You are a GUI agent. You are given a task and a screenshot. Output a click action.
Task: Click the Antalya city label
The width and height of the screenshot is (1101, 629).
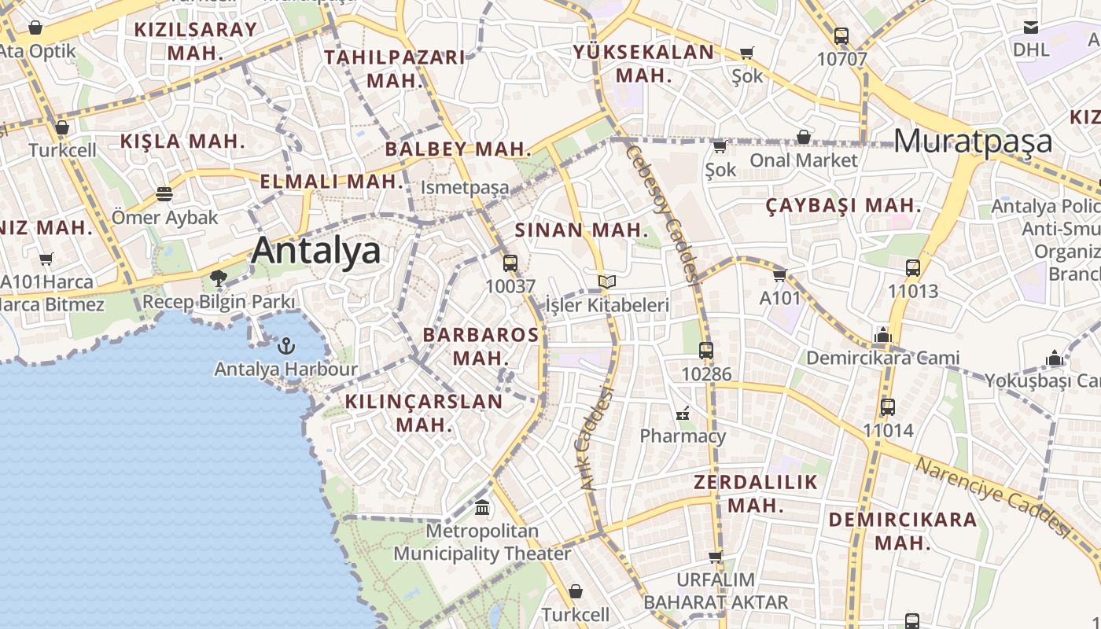coord(316,251)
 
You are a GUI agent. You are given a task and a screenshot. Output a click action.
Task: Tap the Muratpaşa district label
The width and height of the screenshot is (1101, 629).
coord(973,141)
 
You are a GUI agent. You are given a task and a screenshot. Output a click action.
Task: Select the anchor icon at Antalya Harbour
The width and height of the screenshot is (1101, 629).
coord(286,345)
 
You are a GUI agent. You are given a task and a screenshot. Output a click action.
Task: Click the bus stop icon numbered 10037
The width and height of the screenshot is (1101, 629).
coord(510,263)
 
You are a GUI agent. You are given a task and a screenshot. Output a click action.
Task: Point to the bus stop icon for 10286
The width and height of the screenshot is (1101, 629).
coord(706,351)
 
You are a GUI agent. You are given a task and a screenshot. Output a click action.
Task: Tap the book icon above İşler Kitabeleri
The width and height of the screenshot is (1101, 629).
coord(606,281)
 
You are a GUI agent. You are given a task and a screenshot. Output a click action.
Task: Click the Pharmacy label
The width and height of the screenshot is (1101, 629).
coord(683,436)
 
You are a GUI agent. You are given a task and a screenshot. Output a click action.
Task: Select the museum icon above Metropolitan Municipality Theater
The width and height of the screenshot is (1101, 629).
coord(482,507)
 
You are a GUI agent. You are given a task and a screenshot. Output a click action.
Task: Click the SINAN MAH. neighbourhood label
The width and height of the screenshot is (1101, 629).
coord(582,230)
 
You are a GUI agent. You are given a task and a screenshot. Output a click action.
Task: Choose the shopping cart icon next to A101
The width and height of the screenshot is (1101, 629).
coord(779,275)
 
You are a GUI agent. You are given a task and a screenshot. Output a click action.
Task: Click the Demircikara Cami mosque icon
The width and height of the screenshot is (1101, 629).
coord(882,336)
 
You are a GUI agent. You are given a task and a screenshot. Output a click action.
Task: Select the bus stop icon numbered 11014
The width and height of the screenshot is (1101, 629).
coord(888,407)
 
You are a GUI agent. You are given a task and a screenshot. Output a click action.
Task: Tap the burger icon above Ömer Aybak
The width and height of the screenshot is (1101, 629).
coord(164,193)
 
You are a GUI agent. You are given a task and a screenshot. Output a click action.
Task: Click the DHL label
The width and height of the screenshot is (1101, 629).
coord(1031,49)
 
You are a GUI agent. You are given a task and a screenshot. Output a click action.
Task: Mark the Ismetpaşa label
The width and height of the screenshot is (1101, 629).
coord(465,189)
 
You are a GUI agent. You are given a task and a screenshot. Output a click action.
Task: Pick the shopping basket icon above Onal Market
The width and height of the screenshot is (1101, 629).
coord(803,138)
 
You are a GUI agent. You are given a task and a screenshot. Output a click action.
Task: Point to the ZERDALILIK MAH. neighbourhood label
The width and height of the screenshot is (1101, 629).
coord(755,493)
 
